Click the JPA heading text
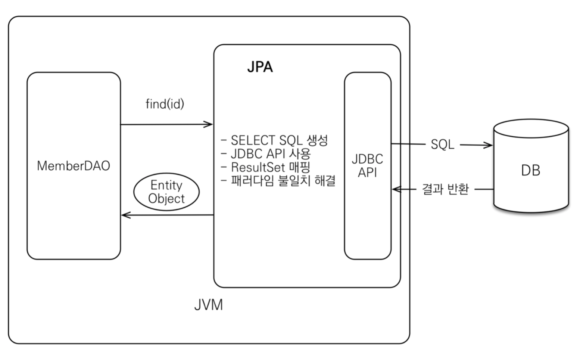pyautogui.click(x=260, y=67)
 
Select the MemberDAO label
pyautogui.click(x=74, y=166)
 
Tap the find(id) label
pyautogui.click(x=165, y=104)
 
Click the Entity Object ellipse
pyautogui.click(x=166, y=192)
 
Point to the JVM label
pyautogui.click(x=208, y=305)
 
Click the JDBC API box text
pyautogui.click(x=367, y=165)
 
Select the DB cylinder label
pyautogui.click(x=530, y=171)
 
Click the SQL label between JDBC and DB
pyautogui.click(x=442, y=145)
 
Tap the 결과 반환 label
pyautogui.click(x=445, y=189)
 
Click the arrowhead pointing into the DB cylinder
pyautogui.click(x=488, y=145)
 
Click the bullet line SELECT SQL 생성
pyautogui.click(x=275, y=140)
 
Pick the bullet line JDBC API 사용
pyautogui.click(x=266, y=153)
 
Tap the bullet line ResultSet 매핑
pyautogui.click(x=266, y=167)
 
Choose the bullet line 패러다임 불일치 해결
pyautogui.click(x=278, y=181)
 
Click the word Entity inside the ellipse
pyautogui.click(x=166, y=185)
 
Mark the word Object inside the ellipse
pyautogui.click(x=166, y=199)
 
